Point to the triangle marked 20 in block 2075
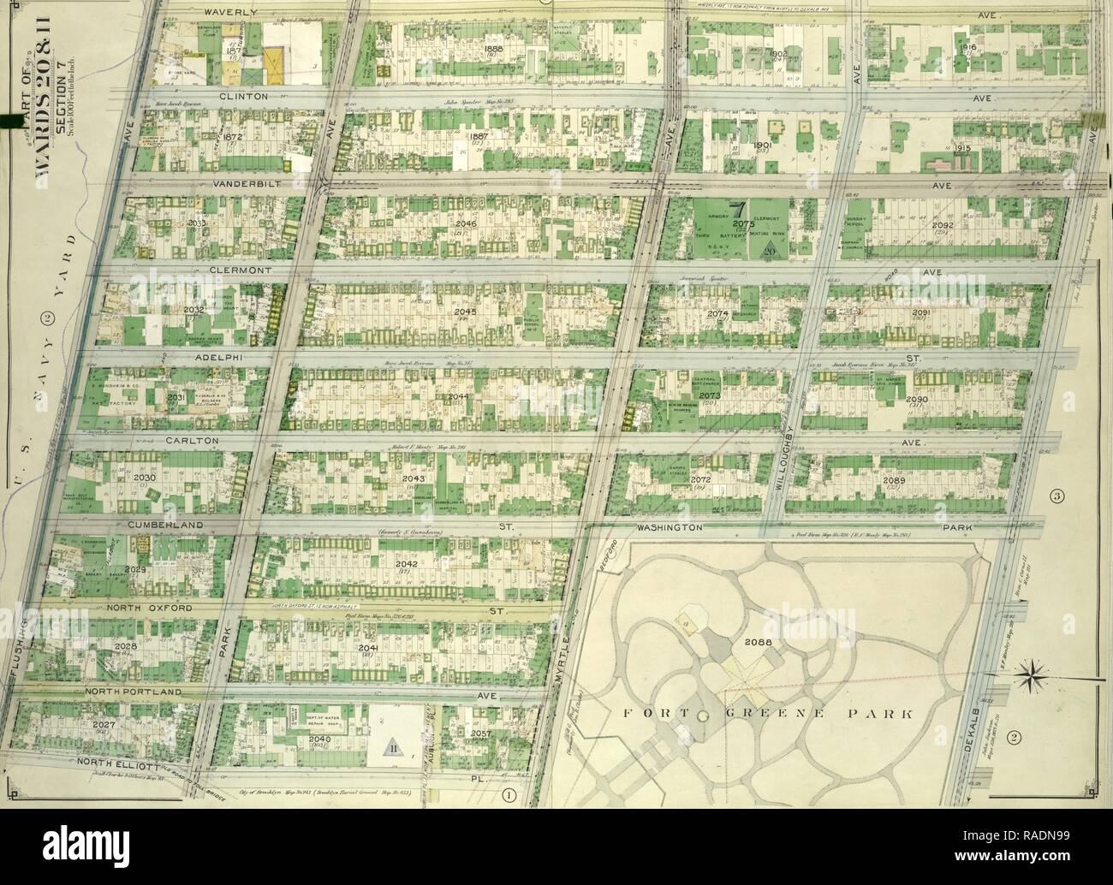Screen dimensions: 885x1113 pos(760,248)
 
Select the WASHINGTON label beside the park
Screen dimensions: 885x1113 pos(668,528)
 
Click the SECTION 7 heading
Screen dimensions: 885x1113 pos(61,122)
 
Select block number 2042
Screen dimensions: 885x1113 pos(405,565)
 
